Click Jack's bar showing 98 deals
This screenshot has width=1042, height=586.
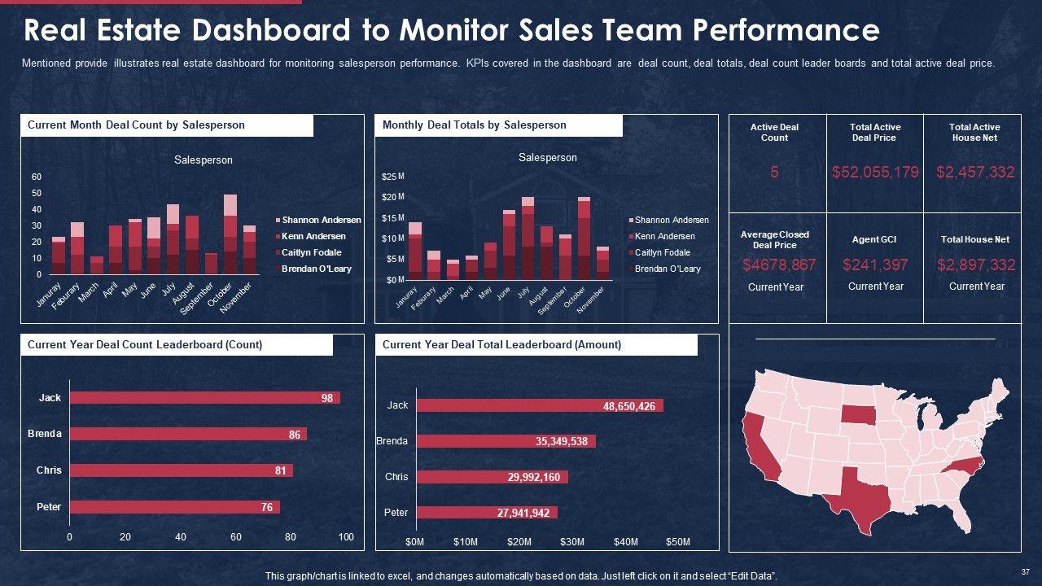[204, 398]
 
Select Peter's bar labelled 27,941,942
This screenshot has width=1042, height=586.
[486, 513]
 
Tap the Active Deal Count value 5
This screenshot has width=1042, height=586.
[774, 172]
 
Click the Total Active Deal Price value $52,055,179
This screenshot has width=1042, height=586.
[875, 172]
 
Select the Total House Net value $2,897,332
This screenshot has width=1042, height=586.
[975, 265]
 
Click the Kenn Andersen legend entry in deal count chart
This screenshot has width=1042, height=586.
[313, 236]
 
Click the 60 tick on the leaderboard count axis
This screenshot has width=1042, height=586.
[236, 537]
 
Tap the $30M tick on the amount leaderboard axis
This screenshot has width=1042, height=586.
[572, 542]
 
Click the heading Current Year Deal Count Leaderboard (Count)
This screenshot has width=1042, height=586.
[145, 345]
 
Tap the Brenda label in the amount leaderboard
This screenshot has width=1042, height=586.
[392, 441]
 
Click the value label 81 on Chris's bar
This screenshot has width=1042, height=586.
[281, 470]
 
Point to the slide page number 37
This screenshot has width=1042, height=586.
[1025, 571]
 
